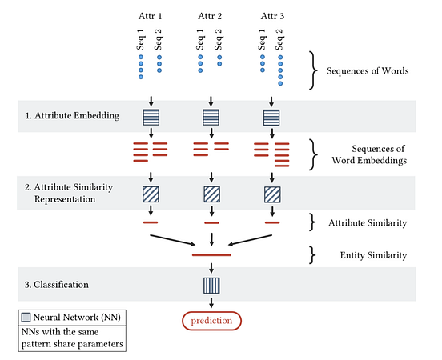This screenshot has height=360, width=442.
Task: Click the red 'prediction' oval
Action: point(211,321)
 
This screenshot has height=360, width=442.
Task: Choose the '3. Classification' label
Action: point(55,284)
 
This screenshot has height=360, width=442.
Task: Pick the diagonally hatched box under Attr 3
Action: point(272,194)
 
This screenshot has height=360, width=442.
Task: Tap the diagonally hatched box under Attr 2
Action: point(211,194)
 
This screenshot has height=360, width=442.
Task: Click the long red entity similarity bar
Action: point(211,254)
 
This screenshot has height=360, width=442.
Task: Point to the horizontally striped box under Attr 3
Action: point(272,117)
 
